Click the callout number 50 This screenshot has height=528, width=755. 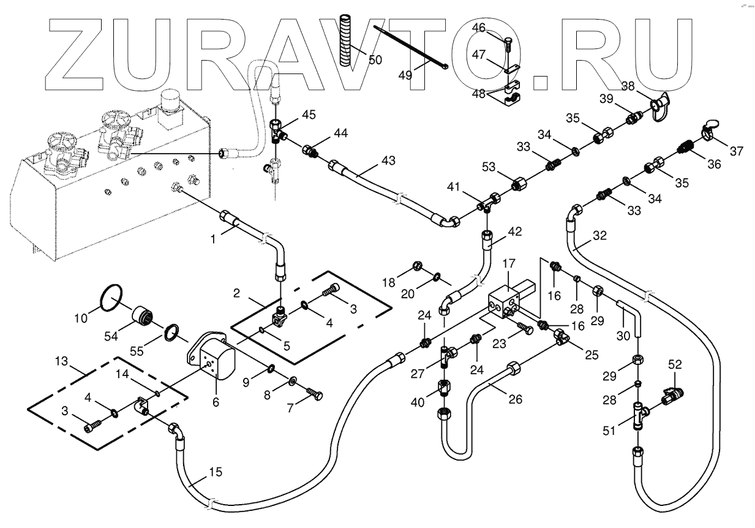374,59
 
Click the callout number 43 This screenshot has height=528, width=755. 388,160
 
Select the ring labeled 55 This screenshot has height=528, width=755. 173,333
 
